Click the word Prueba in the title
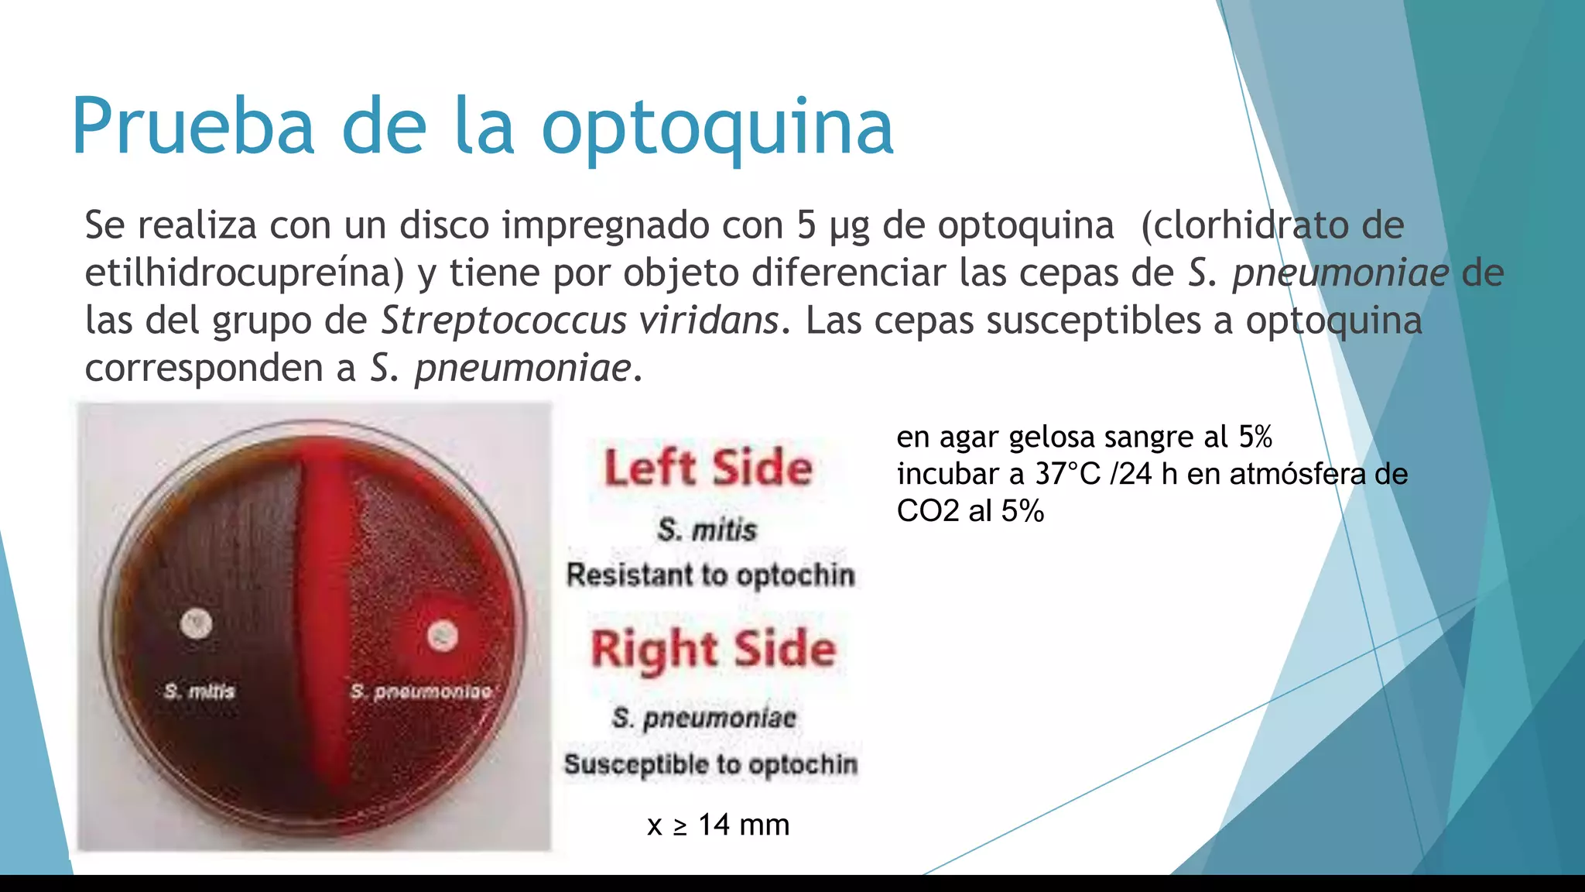pos(193,126)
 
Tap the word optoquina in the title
pos(717,128)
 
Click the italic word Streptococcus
pos(504,321)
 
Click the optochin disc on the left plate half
pos(196,623)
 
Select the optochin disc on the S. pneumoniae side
pos(443,636)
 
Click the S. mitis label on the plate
pos(199,691)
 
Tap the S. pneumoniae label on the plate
pos(421,691)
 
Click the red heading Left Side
pos(708,468)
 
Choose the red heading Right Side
pos(713,649)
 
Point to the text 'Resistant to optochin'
pos(710,575)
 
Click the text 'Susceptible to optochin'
pos(710,764)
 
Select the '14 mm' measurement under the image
pos(743,825)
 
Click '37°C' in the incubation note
pos(1067,474)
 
